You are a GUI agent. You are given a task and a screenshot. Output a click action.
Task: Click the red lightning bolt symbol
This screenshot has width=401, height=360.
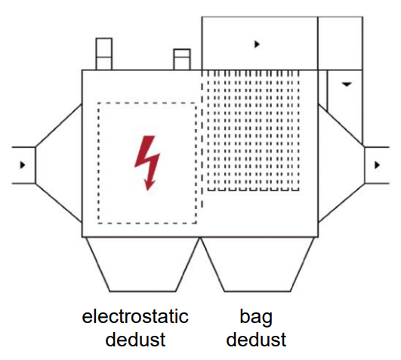coord(147,163)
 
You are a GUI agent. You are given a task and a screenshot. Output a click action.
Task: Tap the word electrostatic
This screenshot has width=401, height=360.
coord(135,316)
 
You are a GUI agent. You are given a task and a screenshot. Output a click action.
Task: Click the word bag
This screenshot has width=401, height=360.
coord(256,318)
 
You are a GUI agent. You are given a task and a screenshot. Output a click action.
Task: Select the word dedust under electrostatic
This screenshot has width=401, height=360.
coord(135,340)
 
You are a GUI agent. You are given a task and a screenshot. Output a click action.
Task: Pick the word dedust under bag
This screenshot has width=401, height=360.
coord(256,340)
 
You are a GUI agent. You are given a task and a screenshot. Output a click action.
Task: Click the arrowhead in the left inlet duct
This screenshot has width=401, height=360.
coord(23,165)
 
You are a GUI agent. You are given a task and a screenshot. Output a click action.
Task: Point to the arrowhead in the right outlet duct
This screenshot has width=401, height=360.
coord(377,165)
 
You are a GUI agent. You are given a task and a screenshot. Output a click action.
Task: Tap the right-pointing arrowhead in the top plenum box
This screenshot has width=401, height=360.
coord(257,45)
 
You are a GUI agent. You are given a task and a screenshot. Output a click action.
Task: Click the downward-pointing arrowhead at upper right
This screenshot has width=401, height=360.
coord(347,84)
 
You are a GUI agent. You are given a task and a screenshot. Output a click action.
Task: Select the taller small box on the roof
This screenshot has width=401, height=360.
coord(103,54)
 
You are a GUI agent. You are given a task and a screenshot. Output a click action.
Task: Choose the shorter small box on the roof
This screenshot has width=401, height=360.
coord(182,60)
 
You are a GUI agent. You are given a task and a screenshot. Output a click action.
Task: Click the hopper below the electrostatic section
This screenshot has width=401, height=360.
coord(143,264)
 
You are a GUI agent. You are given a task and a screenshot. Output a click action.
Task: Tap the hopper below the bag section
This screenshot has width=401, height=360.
coord(258,264)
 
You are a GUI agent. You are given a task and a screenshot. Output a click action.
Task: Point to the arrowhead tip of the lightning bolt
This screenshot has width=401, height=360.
coord(147,190)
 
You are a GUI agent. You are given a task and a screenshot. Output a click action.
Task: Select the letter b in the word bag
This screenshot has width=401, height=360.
coord(245,316)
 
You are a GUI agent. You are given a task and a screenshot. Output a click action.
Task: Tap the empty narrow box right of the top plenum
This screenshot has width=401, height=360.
coord(340,43)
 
